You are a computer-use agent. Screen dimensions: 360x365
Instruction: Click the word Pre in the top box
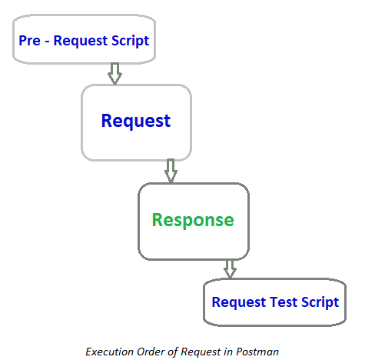[30, 40]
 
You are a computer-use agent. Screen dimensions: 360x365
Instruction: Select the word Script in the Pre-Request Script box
[130, 40]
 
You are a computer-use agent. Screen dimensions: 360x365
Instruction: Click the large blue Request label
[136, 121]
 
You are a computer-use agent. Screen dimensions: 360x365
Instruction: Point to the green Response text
[193, 219]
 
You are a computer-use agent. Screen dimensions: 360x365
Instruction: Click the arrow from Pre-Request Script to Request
[114, 73]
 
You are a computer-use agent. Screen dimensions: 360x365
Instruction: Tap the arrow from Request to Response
[171, 171]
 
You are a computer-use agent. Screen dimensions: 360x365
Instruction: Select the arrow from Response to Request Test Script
[229, 268]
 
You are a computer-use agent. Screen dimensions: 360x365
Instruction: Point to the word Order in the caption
[154, 351]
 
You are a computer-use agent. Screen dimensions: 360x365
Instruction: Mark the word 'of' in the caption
[174, 351]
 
